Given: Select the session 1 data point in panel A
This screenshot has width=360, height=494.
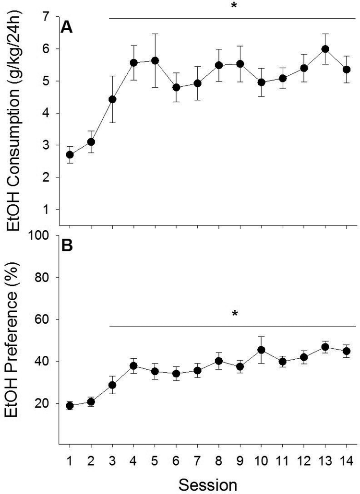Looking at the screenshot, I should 70,154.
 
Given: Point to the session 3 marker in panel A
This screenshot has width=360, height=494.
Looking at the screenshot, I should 112,99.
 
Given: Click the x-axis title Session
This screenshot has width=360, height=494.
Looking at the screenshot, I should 207,482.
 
